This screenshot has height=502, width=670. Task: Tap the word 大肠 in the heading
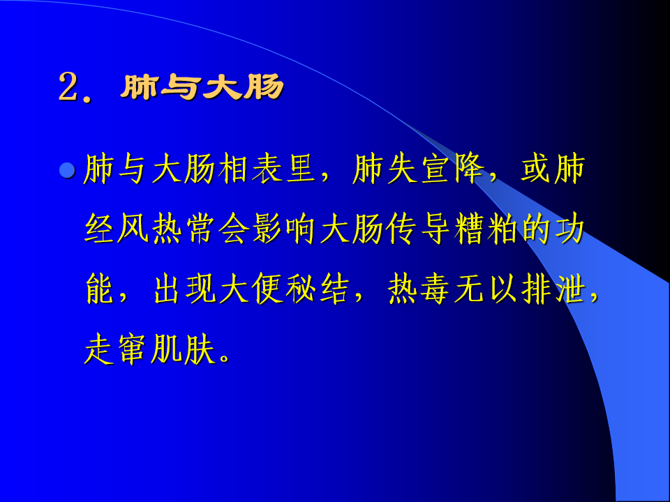(x=243, y=87)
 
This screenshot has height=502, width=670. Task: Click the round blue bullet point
(x=67, y=170)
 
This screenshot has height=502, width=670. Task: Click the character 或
(x=535, y=169)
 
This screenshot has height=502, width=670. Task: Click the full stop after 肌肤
(x=225, y=358)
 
